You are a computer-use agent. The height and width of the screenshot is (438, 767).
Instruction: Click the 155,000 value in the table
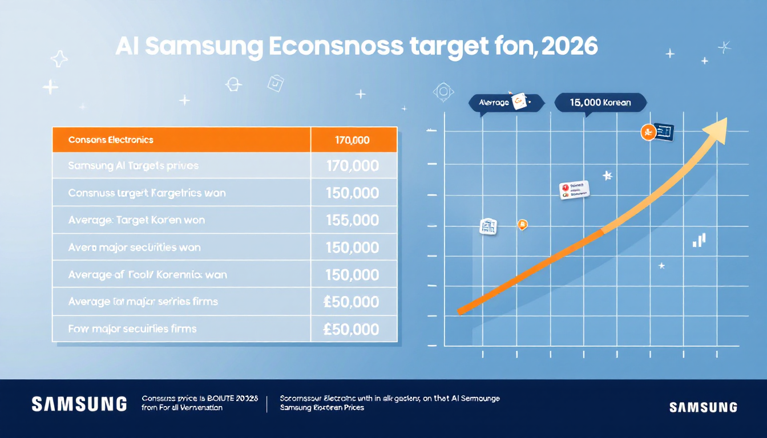[353, 220]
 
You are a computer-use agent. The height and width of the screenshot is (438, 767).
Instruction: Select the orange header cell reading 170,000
[353, 140]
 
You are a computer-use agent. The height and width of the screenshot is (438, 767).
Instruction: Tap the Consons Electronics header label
[111, 140]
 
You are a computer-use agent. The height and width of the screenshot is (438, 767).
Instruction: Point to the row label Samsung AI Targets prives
[133, 166]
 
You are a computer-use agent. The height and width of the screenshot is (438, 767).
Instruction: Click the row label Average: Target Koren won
[136, 220]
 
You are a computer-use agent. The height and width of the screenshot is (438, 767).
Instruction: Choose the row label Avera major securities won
[134, 248]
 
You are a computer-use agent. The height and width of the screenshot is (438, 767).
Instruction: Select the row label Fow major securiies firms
[132, 328]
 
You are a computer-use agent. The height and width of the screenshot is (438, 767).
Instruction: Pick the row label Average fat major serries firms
[143, 301]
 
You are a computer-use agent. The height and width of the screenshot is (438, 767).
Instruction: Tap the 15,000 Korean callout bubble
[600, 103]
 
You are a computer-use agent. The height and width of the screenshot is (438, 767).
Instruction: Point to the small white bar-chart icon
[699, 240]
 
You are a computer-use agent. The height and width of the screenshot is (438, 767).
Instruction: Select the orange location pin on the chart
[521, 225]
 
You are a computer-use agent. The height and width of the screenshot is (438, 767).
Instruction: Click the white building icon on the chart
[488, 226]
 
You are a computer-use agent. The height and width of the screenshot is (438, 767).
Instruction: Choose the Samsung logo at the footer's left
[79, 404]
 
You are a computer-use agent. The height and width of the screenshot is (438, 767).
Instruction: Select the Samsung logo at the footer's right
[703, 407]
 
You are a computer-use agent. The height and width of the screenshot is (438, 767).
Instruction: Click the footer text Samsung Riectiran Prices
[322, 408]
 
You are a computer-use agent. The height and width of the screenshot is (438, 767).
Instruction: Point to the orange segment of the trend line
[531, 271]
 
